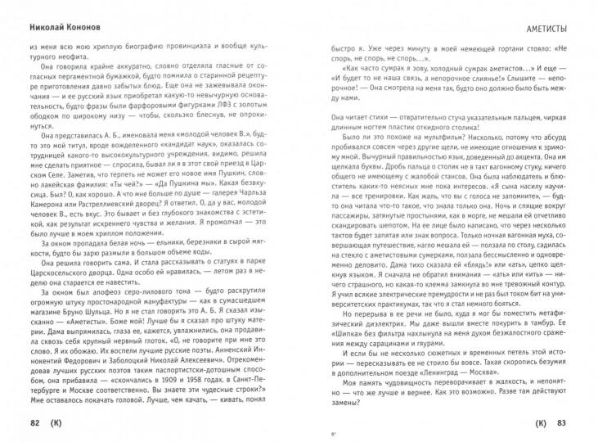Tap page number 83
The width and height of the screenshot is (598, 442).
(x=560, y=422)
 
